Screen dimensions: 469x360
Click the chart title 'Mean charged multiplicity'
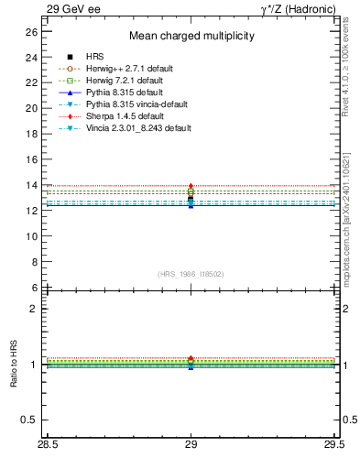click(191, 37)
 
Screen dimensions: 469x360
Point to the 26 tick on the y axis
click(31, 31)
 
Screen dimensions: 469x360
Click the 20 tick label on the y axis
click(31, 108)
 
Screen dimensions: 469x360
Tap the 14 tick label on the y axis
click(31, 185)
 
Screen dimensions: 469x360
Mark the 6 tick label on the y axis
click(34, 288)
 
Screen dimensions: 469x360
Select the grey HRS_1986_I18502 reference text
click(191, 274)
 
